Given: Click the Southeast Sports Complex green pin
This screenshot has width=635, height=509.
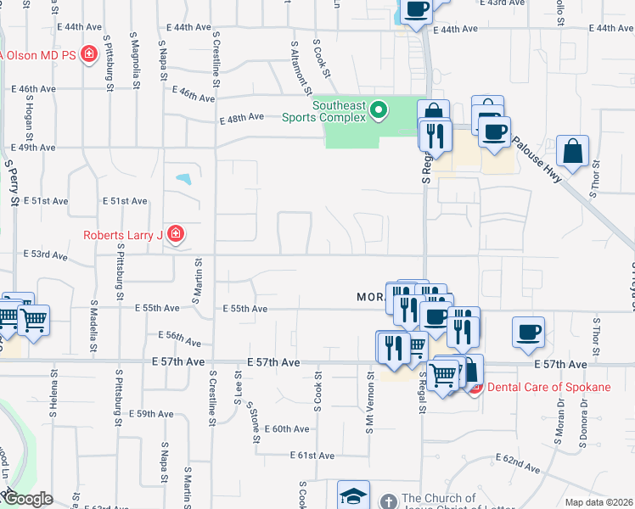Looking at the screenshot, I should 379,109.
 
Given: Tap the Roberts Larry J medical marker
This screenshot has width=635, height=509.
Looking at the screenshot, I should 176,233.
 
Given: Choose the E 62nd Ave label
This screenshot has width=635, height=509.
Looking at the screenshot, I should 521,464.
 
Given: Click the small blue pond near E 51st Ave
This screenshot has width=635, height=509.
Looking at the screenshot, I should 183,180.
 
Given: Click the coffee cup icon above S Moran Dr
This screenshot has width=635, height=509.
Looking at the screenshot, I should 529,331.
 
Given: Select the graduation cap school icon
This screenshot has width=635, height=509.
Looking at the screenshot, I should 354,496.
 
